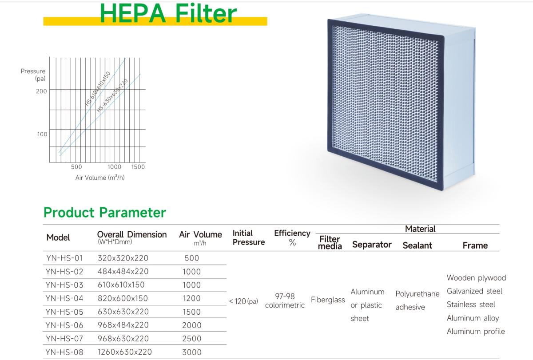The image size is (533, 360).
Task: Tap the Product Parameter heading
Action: coord(105,212)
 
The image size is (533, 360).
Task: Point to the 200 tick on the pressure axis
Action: coord(41,91)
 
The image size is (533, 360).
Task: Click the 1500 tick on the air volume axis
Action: coord(138,167)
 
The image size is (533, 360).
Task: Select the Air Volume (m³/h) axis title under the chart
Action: coord(100,178)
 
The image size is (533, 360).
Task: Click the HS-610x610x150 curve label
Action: coord(98,88)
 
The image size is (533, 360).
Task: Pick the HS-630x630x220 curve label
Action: coord(112,95)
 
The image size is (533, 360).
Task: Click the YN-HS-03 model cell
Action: coord(64,285)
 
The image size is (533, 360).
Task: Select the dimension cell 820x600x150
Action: coord(123,298)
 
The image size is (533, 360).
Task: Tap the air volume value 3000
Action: coord(192,352)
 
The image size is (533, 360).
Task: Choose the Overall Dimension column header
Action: coord(132,237)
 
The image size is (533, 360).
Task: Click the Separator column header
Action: coord(372,245)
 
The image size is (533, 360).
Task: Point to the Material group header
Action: coord(420,229)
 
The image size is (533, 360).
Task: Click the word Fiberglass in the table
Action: coord(328,300)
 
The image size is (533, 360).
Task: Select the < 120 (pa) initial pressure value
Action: coord(243,301)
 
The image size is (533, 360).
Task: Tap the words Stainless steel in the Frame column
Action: coord(471,305)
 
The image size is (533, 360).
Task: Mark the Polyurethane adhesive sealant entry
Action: coord(418,301)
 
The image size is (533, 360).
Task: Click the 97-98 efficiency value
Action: coord(285,296)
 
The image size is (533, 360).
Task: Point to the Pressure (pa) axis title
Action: coord(33,75)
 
